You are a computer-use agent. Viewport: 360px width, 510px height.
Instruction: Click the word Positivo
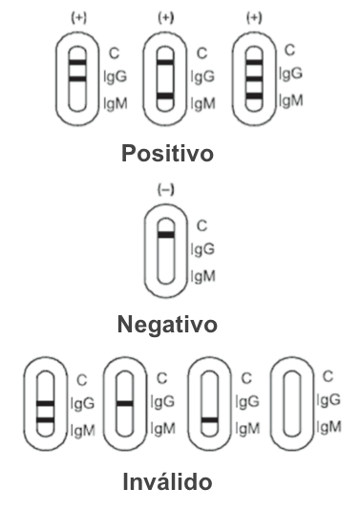pos(167,154)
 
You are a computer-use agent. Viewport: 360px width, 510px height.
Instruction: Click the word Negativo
pos(166,325)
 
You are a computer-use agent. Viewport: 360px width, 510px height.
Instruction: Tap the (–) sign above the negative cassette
pos(165,191)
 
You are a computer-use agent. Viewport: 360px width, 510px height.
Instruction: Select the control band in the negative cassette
pos(166,234)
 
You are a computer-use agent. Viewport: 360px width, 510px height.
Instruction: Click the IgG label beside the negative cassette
pos(202,250)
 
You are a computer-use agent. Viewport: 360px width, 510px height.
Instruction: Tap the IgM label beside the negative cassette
pos(202,276)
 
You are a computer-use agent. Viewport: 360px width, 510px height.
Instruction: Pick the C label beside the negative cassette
pos(201,226)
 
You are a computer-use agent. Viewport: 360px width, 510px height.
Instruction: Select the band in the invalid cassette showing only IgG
pos(125,403)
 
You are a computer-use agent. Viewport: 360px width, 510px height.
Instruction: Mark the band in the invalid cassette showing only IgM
pos(209,419)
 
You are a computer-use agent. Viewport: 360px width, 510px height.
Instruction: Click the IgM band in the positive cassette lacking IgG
pos(166,97)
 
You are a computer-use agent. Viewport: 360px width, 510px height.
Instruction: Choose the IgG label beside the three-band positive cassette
pos(290,74)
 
